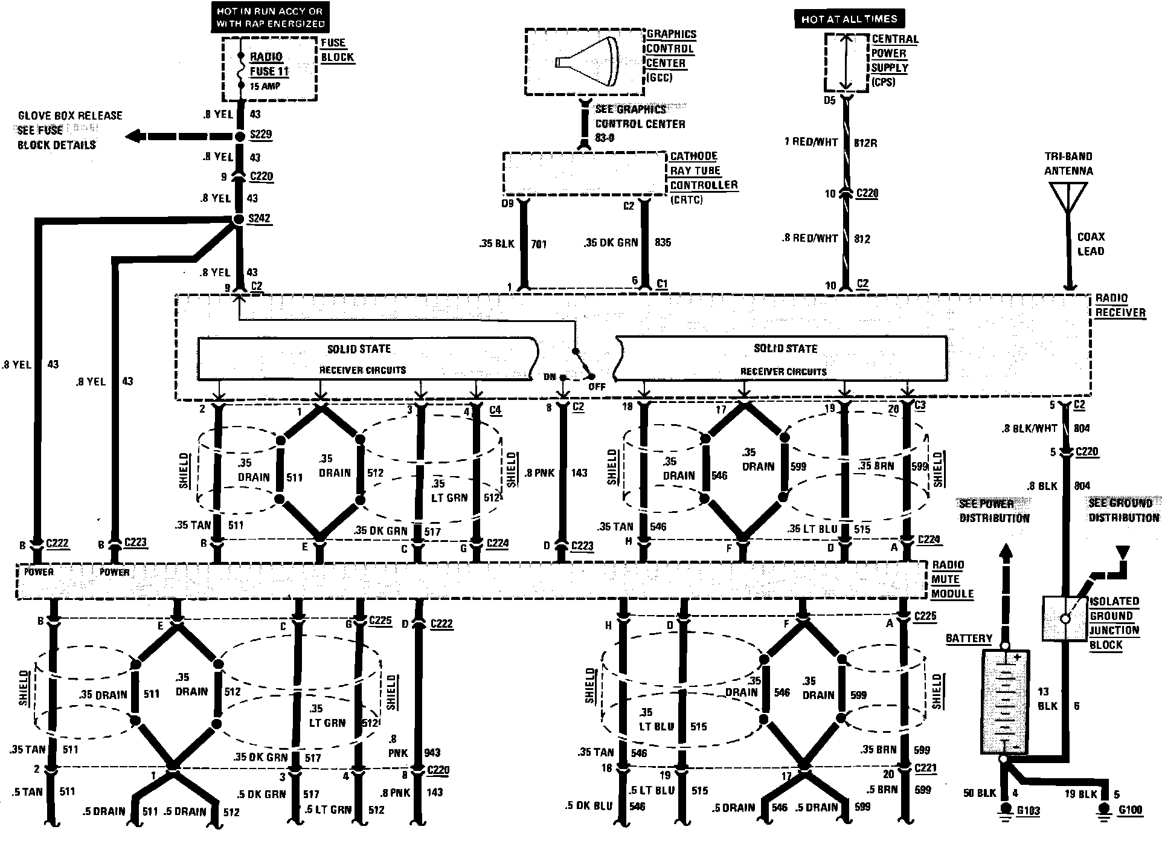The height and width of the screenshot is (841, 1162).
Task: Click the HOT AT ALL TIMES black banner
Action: coord(849,19)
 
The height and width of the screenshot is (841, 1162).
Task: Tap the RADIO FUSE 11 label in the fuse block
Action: coord(269,64)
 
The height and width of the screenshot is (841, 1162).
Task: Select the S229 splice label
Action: coord(260,135)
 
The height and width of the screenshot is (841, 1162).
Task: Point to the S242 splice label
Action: coord(259,218)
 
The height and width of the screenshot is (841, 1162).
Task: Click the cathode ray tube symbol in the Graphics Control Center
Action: coord(587,62)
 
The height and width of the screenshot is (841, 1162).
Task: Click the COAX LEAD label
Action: coord(1091,244)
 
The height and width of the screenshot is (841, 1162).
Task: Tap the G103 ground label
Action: coord(1029,810)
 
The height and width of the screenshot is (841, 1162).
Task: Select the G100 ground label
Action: coord(1131,810)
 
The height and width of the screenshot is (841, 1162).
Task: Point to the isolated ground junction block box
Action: coord(1065,619)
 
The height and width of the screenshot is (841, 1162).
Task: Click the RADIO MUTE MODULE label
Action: coord(952,579)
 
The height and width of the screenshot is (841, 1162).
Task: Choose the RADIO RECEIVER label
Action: coord(1120,305)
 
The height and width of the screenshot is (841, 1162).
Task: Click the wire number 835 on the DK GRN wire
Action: coord(663,242)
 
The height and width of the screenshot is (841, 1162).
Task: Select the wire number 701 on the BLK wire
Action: coord(539,244)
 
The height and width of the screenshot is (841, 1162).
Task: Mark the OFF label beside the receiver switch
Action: coord(596,386)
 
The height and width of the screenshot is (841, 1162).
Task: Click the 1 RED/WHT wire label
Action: coord(811,143)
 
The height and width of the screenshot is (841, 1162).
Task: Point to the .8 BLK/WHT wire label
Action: coord(1029,428)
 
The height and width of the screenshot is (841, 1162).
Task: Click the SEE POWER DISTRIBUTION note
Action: coord(993,511)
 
